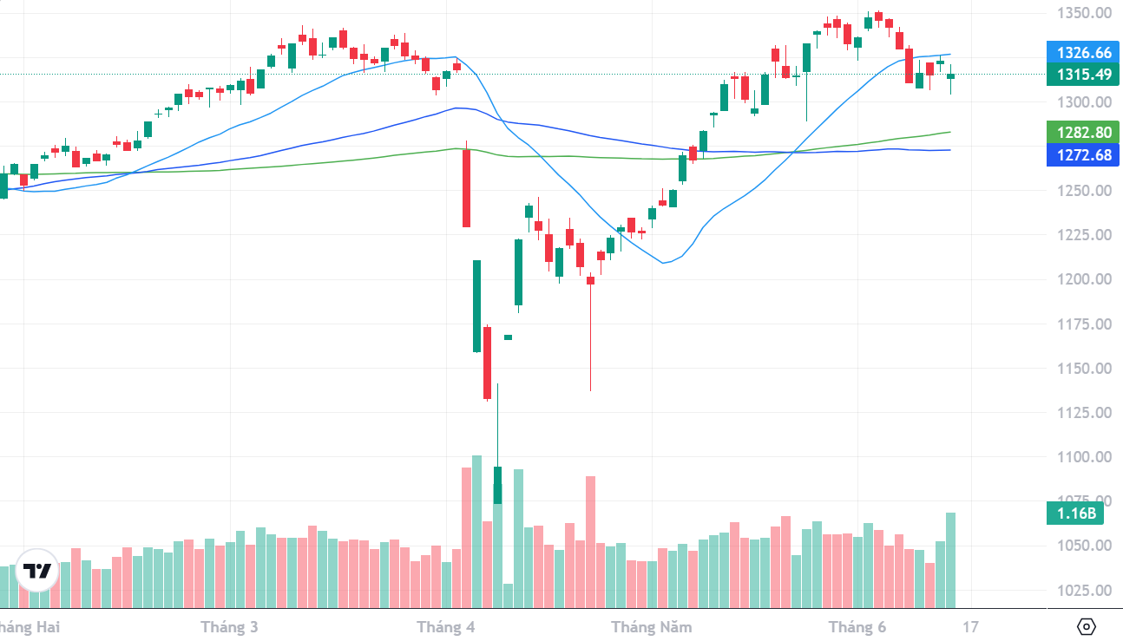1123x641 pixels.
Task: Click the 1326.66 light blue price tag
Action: (1082, 53)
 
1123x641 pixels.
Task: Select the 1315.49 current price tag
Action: (1082, 75)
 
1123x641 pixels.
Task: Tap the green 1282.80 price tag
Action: (1082, 133)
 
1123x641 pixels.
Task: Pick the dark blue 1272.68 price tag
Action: (1082, 156)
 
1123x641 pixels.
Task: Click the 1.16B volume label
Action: (1075, 513)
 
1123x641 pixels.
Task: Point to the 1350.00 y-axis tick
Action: (1084, 13)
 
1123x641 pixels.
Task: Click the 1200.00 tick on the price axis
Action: (1084, 279)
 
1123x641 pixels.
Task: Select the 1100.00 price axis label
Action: (1084, 457)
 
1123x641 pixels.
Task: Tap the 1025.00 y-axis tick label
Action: (1084, 591)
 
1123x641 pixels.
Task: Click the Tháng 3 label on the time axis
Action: (229, 626)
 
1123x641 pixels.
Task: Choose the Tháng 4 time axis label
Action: (446, 626)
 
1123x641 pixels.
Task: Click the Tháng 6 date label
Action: (857, 626)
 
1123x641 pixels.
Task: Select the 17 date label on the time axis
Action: (970, 626)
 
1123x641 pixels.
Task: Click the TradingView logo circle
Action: (37, 571)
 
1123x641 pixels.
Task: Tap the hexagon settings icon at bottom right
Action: (1087, 626)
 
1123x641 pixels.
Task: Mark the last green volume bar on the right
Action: (950, 559)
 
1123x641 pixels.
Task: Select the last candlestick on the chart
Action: (950, 76)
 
